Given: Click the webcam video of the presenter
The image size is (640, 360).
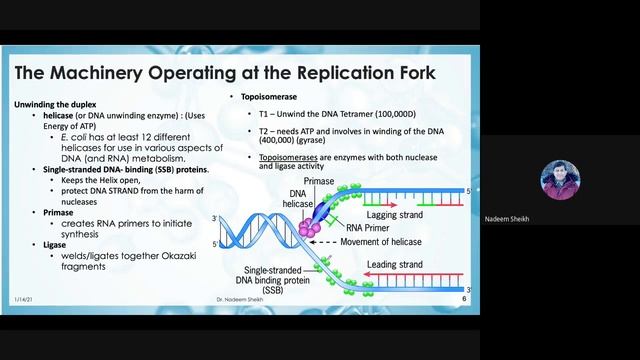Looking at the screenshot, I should (559, 180).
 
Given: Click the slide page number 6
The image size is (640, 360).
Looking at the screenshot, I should (464, 299).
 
